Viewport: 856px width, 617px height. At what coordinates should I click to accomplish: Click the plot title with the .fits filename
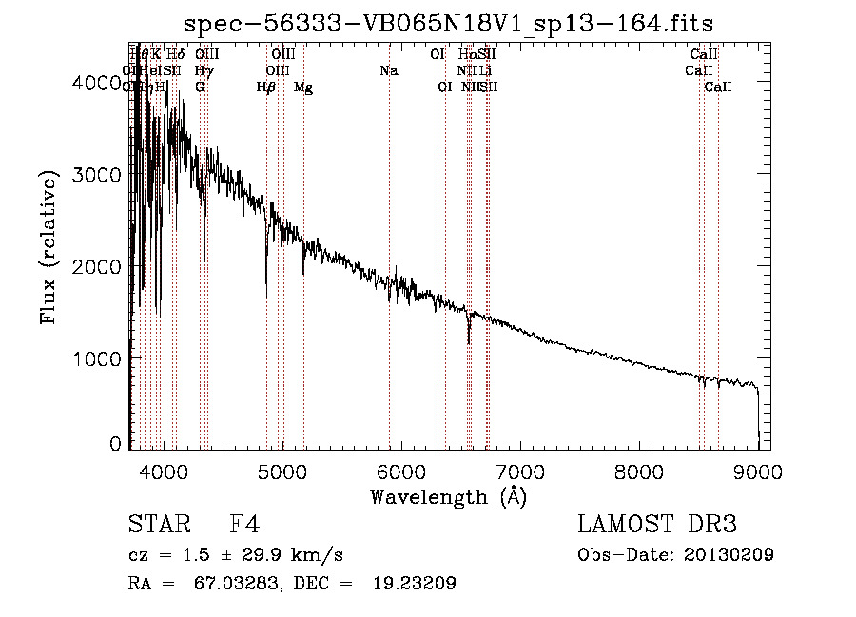click(x=448, y=22)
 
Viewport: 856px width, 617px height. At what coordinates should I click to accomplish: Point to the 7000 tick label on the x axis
click(x=520, y=470)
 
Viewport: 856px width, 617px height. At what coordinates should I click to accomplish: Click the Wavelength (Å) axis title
click(x=448, y=496)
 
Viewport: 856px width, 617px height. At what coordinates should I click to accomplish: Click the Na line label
click(x=388, y=71)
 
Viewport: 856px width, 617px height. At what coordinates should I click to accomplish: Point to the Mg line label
click(x=303, y=87)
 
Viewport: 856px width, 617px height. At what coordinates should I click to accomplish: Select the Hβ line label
click(x=266, y=87)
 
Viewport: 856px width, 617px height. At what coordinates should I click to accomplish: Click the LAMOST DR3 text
click(x=656, y=526)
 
